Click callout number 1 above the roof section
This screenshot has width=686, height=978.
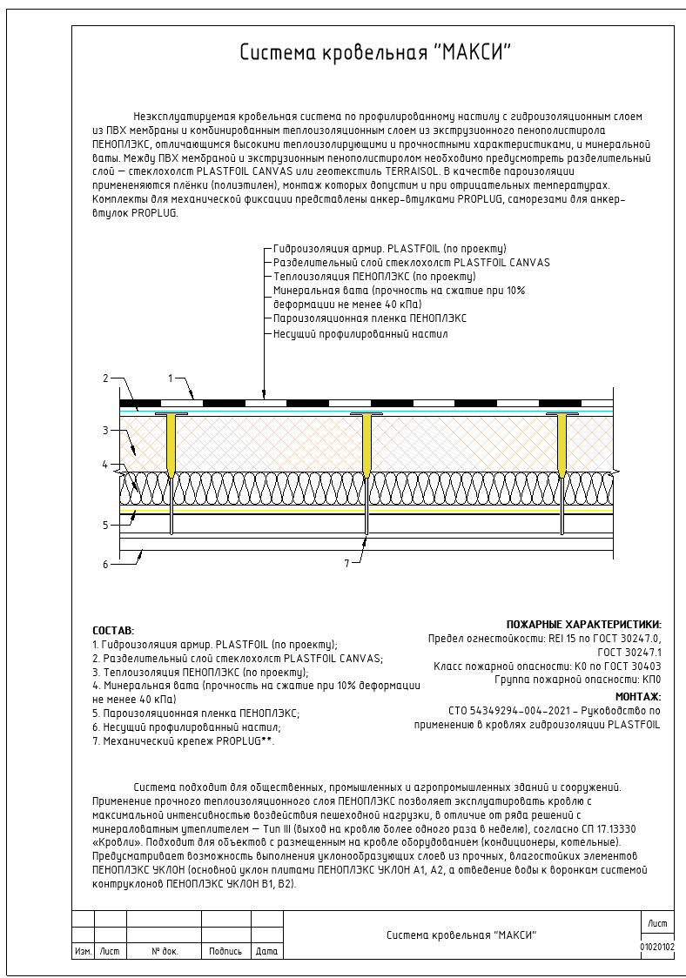[x=171, y=378]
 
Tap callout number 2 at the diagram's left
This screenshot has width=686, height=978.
[x=104, y=378]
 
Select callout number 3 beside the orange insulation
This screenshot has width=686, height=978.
[x=104, y=430]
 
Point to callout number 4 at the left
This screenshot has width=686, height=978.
[x=104, y=465]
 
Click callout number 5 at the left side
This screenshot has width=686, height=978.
[x=104, y=525]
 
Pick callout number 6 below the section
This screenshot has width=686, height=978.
[x=104, y=564]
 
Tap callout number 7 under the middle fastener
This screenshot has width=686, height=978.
[x=346, y=564]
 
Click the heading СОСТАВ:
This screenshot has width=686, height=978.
[x=113, y=630]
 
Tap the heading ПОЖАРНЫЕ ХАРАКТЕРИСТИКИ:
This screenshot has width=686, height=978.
[x=583, y=624]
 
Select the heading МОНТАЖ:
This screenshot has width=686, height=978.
[x=638, y=696]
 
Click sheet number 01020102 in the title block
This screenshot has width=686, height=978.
[x=657, y=945]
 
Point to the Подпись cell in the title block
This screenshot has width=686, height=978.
[x=225, y=952]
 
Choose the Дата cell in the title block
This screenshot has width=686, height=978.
[x=267, y=952]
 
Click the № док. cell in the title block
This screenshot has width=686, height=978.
[x=165, y=952]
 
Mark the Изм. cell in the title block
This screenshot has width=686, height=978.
[x=83, y=952]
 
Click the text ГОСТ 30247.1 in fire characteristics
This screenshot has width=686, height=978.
[x=629, y=652]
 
